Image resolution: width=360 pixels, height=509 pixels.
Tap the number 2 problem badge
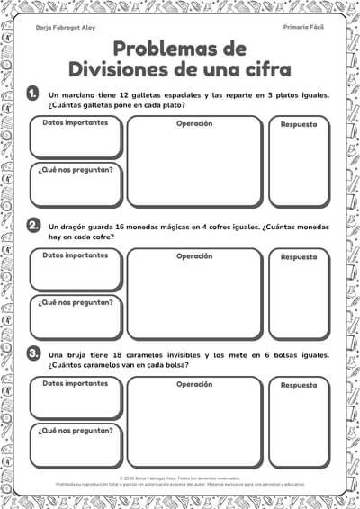pos(33,225)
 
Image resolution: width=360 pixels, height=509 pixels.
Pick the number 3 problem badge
pos(33,354)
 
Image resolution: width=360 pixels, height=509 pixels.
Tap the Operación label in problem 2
pos(194,255)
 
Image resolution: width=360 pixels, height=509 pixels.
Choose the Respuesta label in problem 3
pos(299,385)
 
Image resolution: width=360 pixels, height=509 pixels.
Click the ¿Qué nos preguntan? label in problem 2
pos(76,302)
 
